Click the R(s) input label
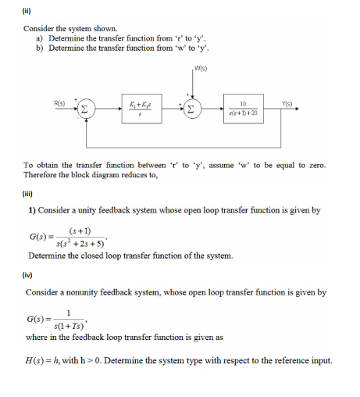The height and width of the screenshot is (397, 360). point(59,101)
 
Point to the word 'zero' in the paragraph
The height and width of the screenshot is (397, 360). point(318,166)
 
